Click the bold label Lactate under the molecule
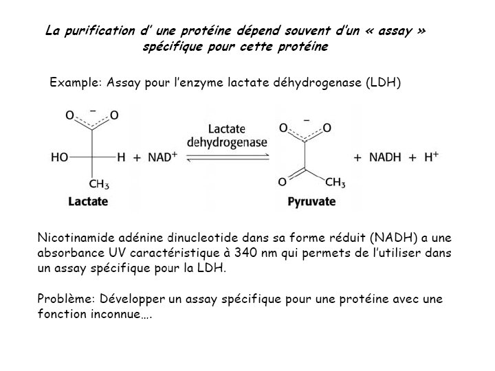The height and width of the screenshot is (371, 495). pos(88,202)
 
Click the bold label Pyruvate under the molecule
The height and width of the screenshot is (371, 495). pos(311,202)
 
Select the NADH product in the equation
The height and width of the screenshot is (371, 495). pos(388,157)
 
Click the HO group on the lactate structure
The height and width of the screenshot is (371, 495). pos(59,157)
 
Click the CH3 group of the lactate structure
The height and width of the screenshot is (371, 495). pos(100,184)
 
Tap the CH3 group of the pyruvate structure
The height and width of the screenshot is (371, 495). pos(335,182)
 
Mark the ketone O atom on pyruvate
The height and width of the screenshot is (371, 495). pos(282,182)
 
